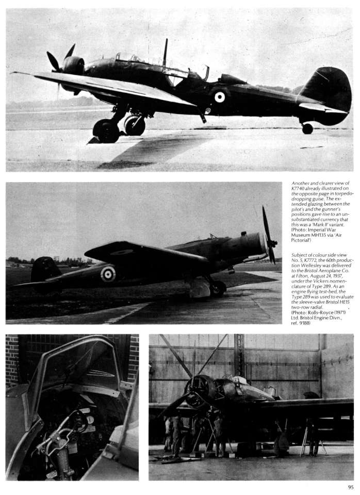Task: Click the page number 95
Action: (x=350, y=486)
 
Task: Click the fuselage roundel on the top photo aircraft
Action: (x=220, y=96)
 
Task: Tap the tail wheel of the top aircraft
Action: (x=307, y=128)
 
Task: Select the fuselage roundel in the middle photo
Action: (x=108, y=274)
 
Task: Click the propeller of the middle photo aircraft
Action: (x=269, y=235)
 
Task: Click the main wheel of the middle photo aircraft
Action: (x=218, y=289)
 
